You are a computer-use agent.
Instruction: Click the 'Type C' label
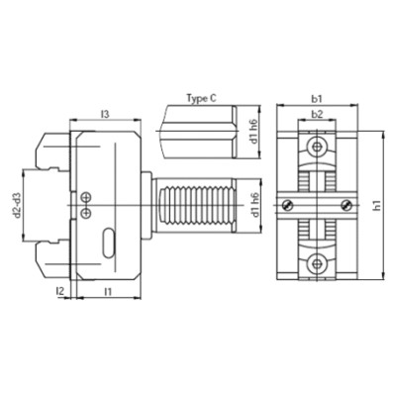pyautogui.click(x=202, y=98)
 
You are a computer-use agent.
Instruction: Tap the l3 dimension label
pyautogui.click(x=105, y=115)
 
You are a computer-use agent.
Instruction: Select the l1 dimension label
pyautogui.click(x=108, y=292)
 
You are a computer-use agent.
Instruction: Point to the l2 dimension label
pyautogui.click(x=59, y=291)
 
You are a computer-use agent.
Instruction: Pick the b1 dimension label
pyautogui.click(x=317, y=99)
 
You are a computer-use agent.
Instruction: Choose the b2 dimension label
pyautogui.click(x=317, y=115)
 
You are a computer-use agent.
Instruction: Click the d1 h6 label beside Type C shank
pyautogui.click(x=253, y=132)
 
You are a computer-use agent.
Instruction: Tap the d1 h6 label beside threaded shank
pyautogui.click(x=253, y=205)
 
